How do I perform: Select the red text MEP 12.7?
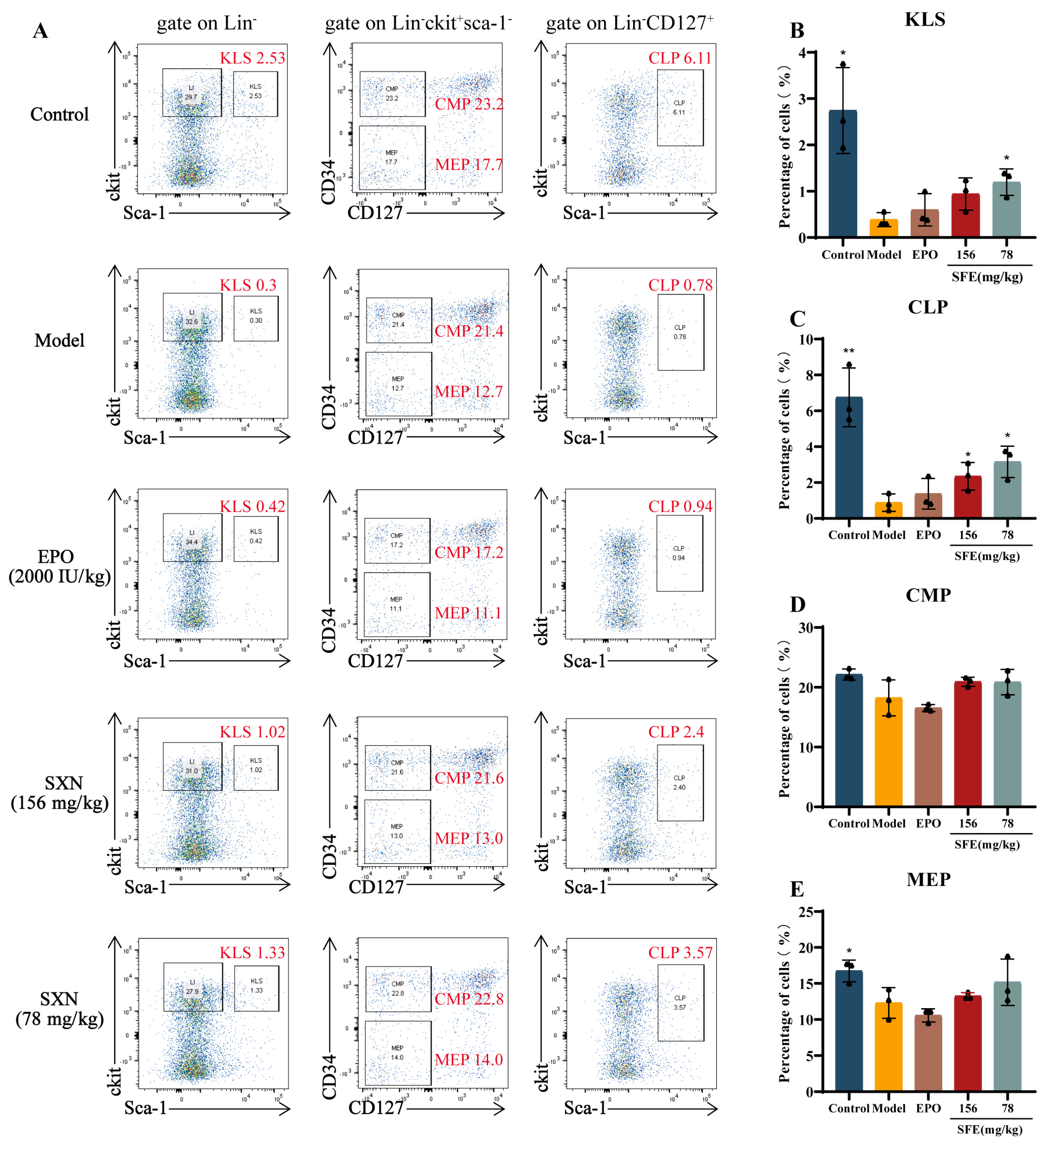[x=469, y=392]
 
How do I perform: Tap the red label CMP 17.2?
[x=469, y=552]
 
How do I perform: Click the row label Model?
[x=59, y=341]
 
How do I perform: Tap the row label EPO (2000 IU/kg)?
[x=59, y=566]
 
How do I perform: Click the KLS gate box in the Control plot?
[x=256, y=94]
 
